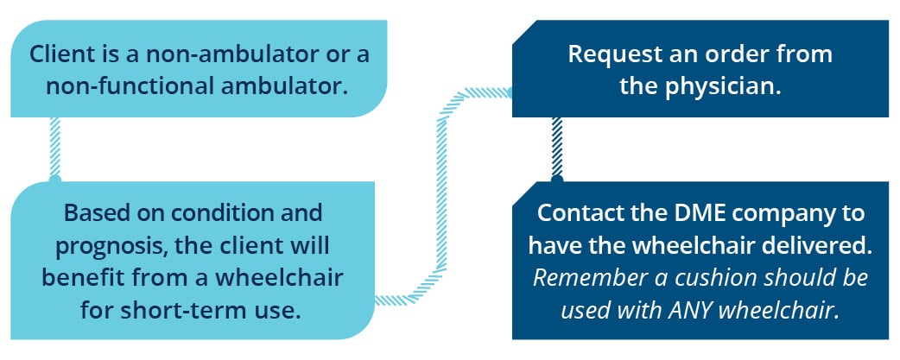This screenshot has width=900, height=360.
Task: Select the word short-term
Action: point(172,310)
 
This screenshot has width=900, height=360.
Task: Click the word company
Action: point(754,214)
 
